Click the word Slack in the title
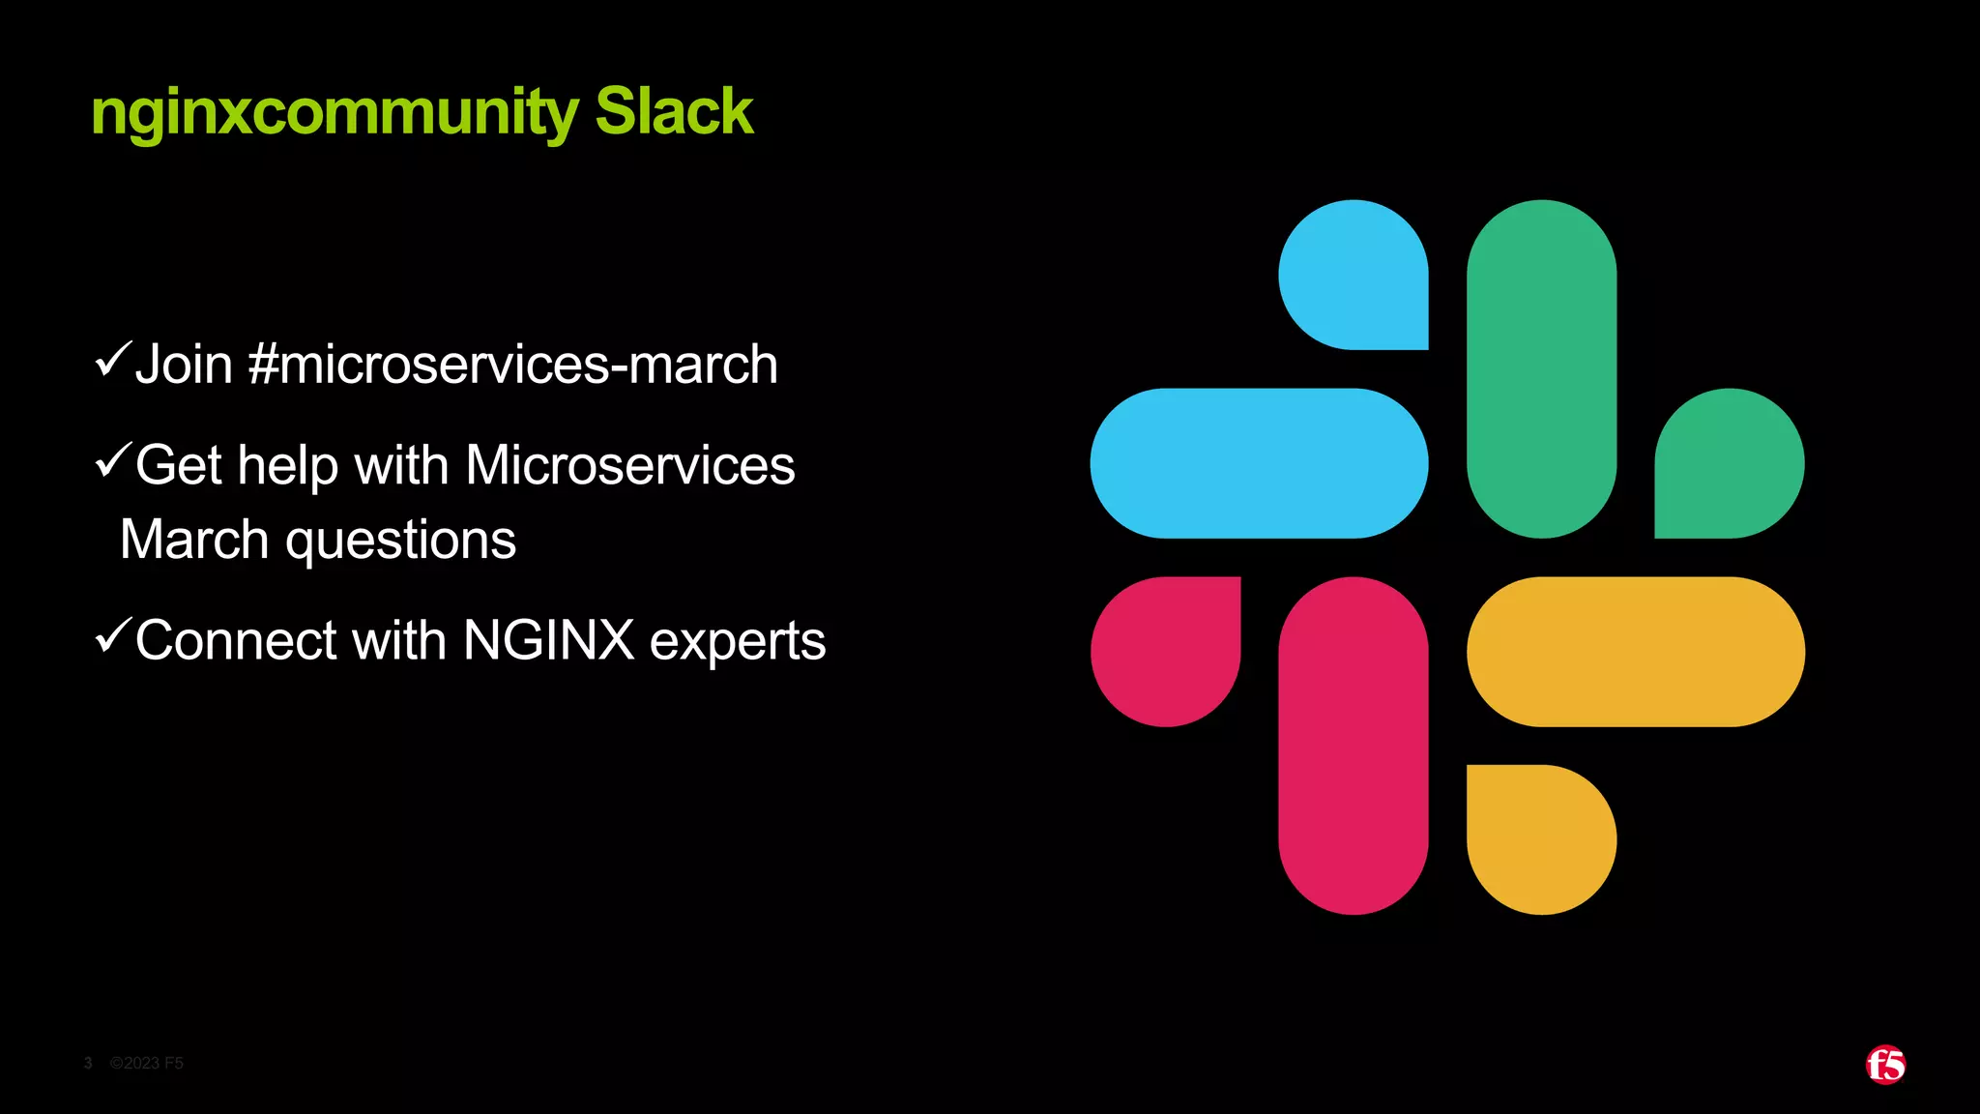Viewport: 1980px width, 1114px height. [673, 111]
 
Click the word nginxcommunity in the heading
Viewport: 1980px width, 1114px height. [334, 113]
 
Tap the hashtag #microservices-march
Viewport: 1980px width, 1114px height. [512, 365]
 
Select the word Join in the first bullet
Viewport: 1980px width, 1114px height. [184, 365]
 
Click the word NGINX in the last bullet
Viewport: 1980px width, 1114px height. [548, 640]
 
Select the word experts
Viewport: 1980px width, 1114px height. [737, 642]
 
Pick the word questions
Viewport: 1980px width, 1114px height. [400, 540]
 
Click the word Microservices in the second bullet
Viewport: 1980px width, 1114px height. [629, 465]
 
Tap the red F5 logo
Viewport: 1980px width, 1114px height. [1885, 1065]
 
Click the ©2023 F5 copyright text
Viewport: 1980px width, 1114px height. [147, 1063]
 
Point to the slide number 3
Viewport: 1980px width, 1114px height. [88, 1063]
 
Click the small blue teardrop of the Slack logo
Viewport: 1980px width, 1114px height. [1353, 275]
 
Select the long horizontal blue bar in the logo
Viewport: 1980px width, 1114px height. [1259, 463]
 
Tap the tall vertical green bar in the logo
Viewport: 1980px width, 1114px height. [1541, 368]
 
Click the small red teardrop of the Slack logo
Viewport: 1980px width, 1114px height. [1166, 651]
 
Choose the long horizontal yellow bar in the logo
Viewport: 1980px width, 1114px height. [1635, 651]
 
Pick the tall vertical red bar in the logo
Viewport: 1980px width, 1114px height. [1353, 745]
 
